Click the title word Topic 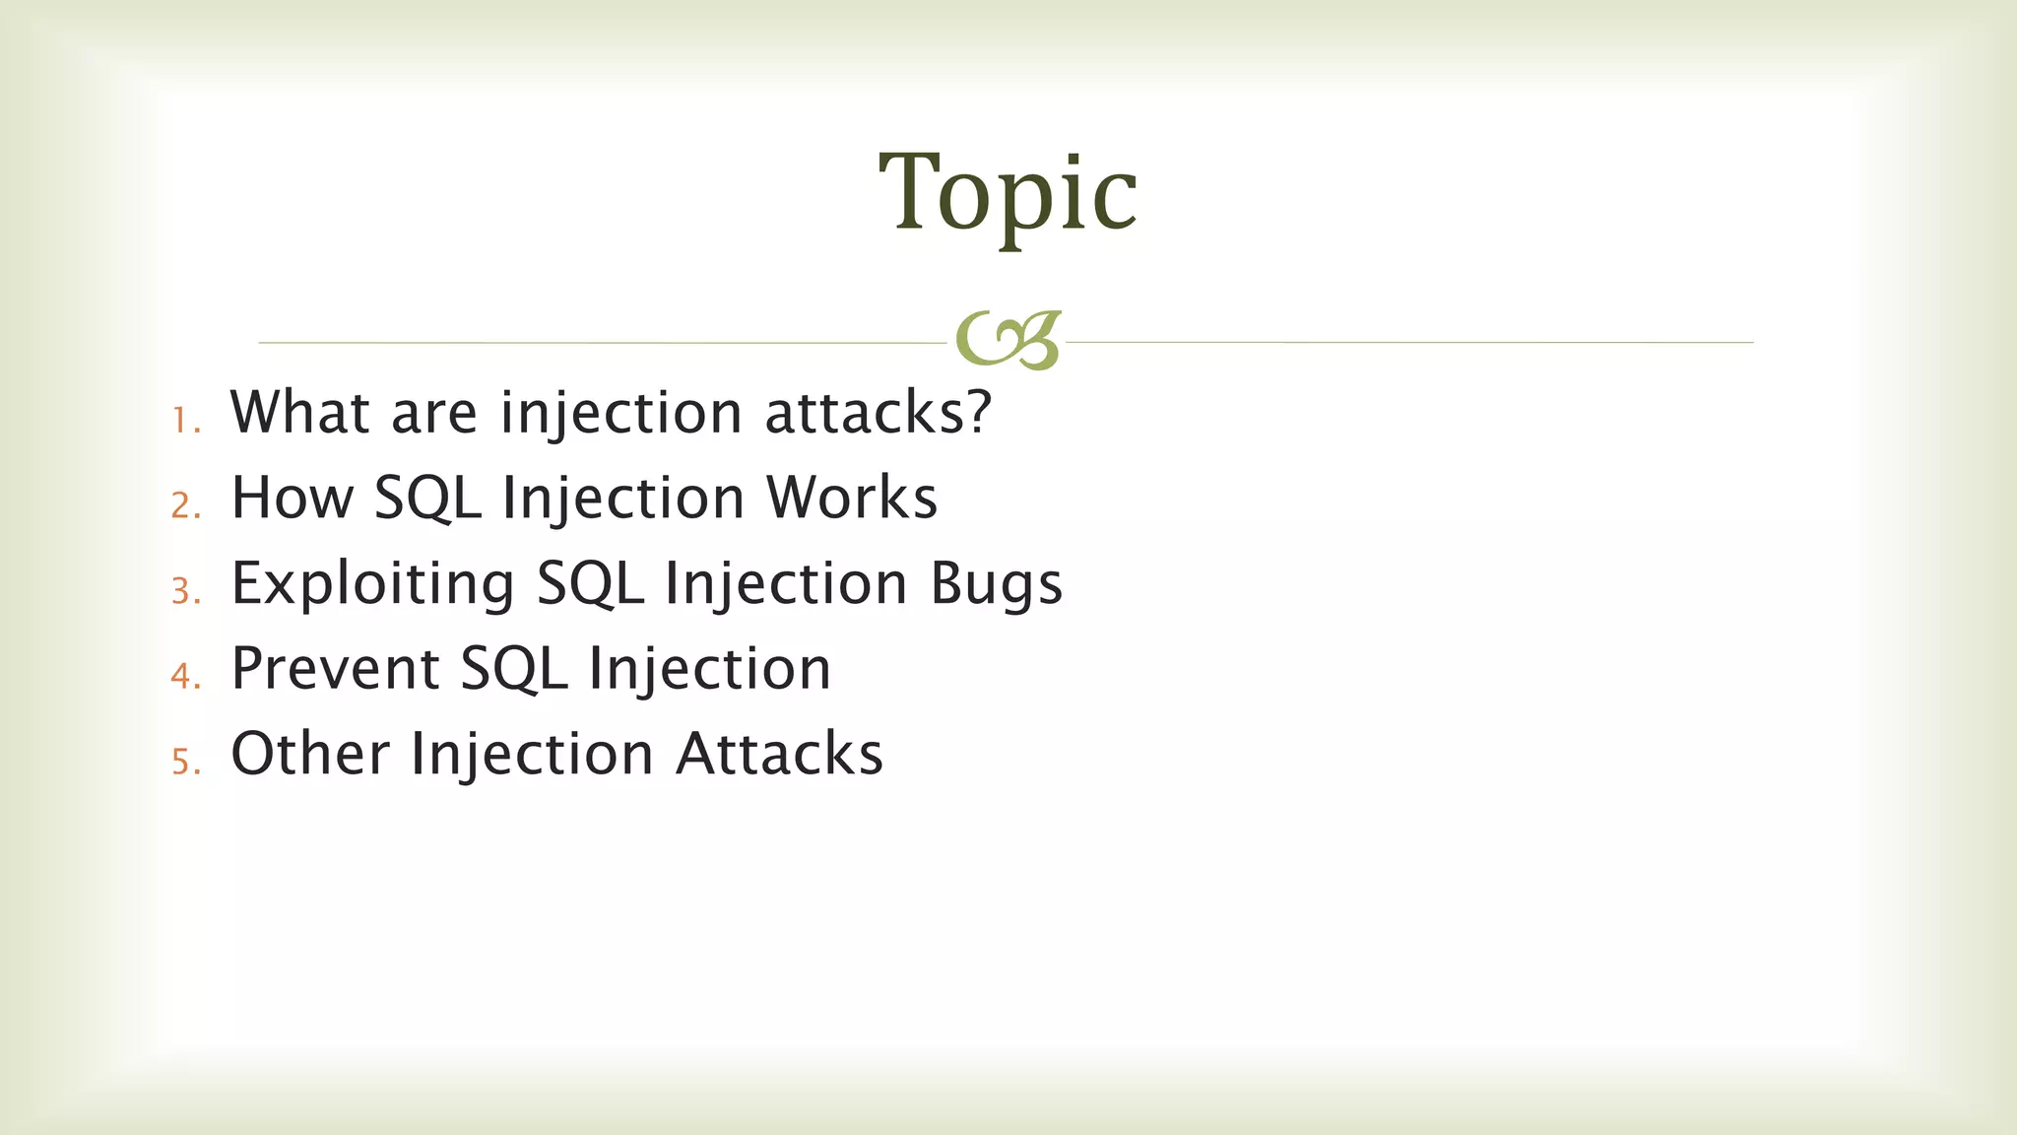tap(1008, 193)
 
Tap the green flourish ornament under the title tap(1008, 341)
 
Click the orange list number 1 tap(184, 421)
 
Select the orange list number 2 tap(184, 505)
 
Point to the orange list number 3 tap(184, 591)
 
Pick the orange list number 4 tap(184, 676)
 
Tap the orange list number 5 tap(184, 762)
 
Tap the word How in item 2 tap(292, 498)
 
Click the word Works tap(852, 498)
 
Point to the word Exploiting tap(372, 583)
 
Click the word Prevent tap(335, 668)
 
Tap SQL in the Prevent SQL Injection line tap(514, 670)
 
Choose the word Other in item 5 tap(310, 754)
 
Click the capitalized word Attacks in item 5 tap(779, 754)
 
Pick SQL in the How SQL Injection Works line tap(427, 500)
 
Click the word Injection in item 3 tap(785, 583)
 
